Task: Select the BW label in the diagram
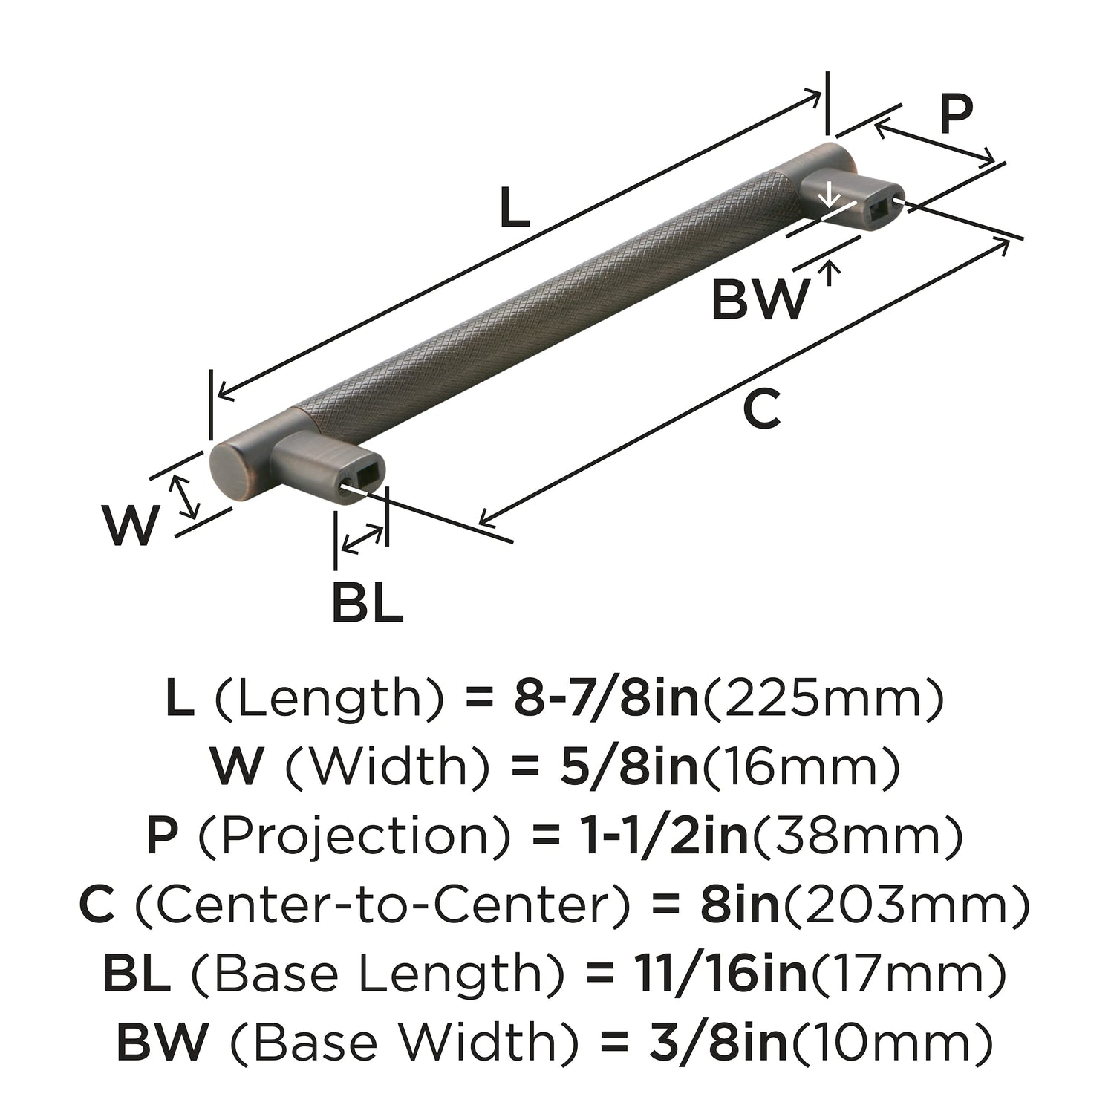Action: point(759,300)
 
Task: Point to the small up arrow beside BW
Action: point(832,273)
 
